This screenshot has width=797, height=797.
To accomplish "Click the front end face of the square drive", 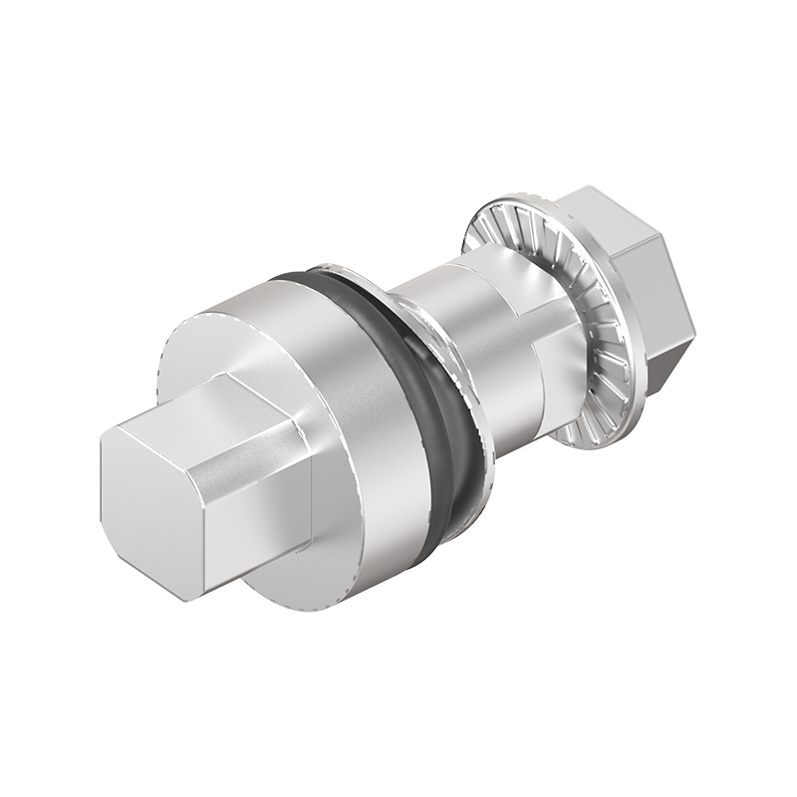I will pos(149,508).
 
